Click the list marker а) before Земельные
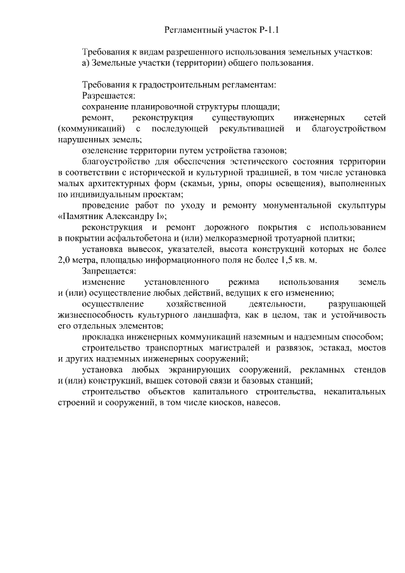[86, 63]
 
